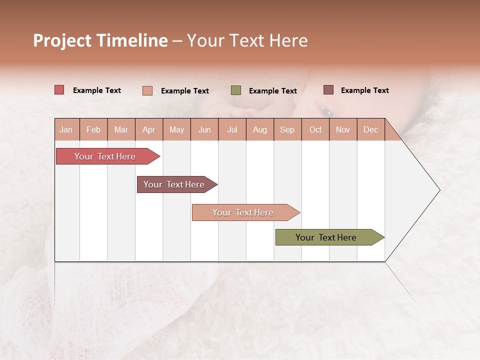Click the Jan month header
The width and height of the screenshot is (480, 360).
(66, 129)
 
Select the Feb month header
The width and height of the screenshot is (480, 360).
(93, 129)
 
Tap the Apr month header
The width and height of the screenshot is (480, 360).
(148, 129)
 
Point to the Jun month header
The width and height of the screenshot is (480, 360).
(204, 129)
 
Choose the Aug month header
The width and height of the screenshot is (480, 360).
(259, 129)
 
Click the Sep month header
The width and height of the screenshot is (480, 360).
(287, 129)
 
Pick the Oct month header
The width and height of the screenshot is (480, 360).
(315, 129)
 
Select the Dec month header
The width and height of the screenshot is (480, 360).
(370, 129)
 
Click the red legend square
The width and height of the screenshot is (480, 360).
(59, 90)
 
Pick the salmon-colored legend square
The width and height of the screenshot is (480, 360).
(147, 90)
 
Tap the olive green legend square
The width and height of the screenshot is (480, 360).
(236, 90)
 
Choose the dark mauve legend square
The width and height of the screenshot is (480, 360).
(328, 90)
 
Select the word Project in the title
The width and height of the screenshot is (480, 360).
(62, 40)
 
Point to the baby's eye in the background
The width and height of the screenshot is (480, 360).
(326, 111)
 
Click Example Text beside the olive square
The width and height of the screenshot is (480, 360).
(273, 91)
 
